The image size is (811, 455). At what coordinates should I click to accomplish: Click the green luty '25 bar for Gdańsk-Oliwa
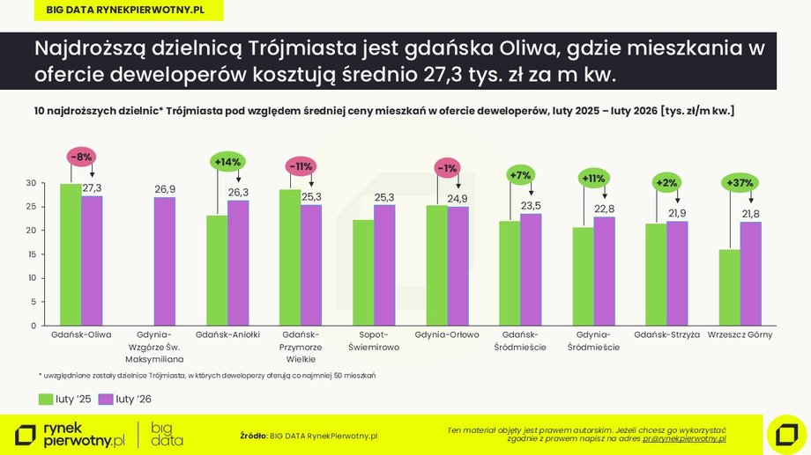[71, 254]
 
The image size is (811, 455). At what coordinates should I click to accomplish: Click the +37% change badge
[739, 183]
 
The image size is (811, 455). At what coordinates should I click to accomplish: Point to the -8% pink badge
[81, 156]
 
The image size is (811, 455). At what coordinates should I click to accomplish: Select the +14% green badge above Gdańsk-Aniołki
[227, 162]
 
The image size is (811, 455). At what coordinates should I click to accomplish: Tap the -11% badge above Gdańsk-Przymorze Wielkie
[301, 165]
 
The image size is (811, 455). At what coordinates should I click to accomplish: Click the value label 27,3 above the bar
[93, 188]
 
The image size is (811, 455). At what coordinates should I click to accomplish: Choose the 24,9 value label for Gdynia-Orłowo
[457, 199]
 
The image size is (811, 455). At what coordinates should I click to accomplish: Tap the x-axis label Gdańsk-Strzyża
[666, 335]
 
